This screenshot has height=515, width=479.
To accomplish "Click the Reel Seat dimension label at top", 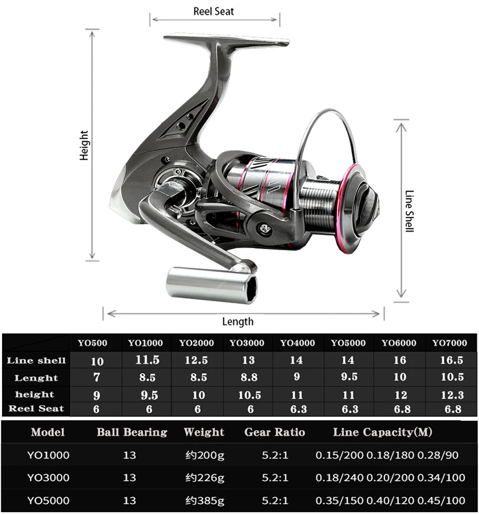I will pos(214,11).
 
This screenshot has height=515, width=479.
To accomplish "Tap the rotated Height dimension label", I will pos(84,145).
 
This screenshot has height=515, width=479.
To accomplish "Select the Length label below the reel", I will pos(238,321).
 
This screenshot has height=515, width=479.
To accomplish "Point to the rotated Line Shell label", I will pos(409,211).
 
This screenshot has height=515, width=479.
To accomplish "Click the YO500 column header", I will pos(92,343).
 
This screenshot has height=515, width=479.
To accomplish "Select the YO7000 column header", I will pos(449,343).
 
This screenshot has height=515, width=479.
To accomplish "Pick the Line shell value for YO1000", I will pos(147,360).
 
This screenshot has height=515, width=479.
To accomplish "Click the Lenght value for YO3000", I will pos(249,378).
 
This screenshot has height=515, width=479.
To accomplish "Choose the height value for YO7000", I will pos(452,395).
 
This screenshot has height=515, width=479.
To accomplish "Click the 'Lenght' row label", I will pos(36,378).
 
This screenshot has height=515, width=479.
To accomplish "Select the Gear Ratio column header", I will pos(274,433).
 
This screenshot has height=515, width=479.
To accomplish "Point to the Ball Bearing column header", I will pos(132,433).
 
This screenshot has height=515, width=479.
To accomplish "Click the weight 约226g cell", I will pos(205,478).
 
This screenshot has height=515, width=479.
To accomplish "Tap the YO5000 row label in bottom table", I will pos(48,501).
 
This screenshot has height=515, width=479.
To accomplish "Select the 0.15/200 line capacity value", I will pos(339,455).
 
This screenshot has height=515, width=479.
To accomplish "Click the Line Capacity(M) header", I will pos(382,433).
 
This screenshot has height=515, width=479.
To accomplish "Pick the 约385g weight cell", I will pos(205,501).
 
